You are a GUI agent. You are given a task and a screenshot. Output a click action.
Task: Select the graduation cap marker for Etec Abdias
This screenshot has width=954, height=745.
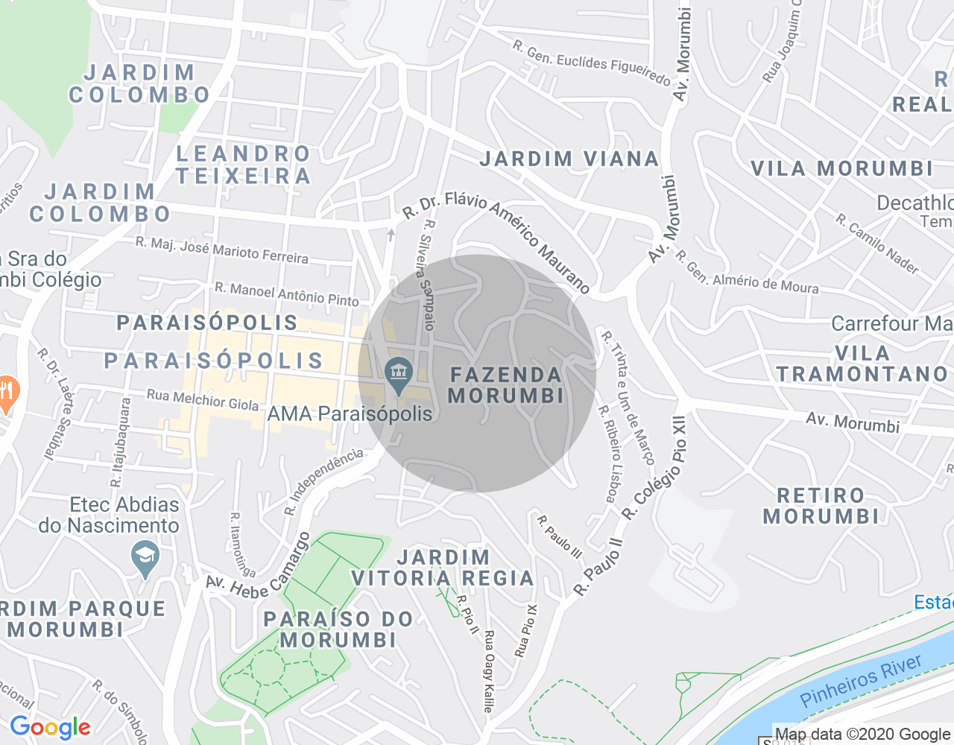coord(145,558)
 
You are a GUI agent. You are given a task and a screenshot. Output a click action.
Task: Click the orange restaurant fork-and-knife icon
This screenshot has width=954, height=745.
coord(7,393)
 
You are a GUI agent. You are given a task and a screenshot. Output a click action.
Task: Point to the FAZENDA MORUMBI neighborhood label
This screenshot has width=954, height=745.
coord(505,385)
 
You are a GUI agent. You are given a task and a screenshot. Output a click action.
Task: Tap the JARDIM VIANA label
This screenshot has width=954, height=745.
coord(569,159)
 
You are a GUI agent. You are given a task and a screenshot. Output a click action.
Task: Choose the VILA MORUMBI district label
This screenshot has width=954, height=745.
coord(841,168)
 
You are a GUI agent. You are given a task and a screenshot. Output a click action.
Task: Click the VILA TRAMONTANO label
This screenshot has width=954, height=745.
coord(862,364)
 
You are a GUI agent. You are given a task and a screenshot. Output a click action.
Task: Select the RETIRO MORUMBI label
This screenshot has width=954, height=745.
coord(821,506)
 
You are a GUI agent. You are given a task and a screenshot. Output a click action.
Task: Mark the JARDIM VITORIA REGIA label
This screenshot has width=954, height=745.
coord(443,568)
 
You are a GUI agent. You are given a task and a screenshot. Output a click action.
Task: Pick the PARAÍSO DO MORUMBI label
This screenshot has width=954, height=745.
coord(338,630)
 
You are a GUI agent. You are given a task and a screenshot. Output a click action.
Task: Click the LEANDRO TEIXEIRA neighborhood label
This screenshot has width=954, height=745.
coord(244,165)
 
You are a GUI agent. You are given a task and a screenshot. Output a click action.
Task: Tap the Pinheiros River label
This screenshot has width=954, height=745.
coord(861,680)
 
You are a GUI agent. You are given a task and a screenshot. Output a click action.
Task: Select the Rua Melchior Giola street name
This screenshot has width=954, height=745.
coord(203,400)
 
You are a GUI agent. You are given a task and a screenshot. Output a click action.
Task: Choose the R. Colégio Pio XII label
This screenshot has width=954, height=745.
coord(654,469)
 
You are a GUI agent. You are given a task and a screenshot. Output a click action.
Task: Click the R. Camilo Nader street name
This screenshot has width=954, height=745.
coord(877,244)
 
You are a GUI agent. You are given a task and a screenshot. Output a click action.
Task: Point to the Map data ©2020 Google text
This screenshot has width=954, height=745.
coord(862,735)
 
